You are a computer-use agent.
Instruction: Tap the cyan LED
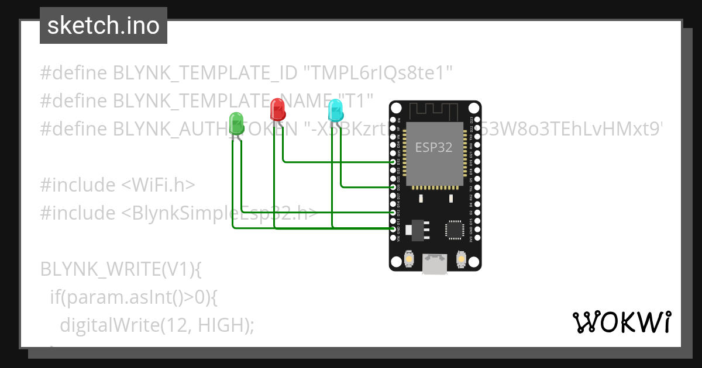(x=335, y=110)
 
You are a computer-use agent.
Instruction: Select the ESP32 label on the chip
(x=433, y=147)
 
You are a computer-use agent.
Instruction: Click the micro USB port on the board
(x=435, y=263)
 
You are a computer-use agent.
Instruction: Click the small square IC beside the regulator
(x=455, y=230)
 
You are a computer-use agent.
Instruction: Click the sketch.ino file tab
(x=104, y=26)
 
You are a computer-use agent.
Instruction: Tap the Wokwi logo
(x=621, y=322)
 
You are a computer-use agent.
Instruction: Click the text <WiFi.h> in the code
(x=158, y=185)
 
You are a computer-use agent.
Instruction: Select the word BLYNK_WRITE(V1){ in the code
(x=121, y=269)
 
